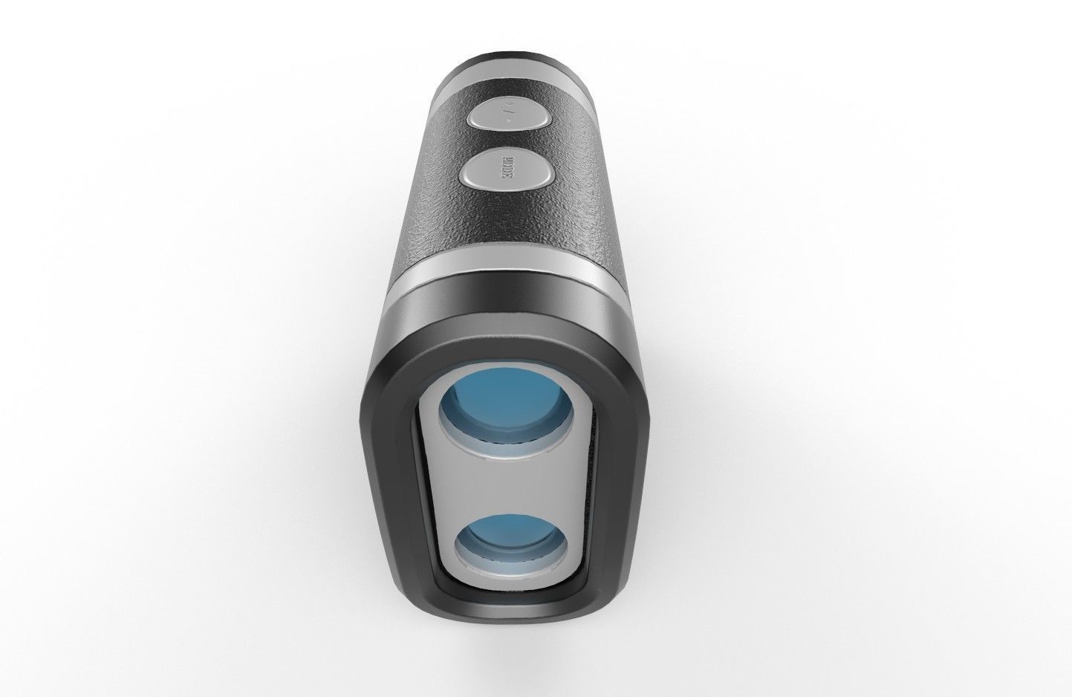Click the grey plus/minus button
click(x=508, y=118)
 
